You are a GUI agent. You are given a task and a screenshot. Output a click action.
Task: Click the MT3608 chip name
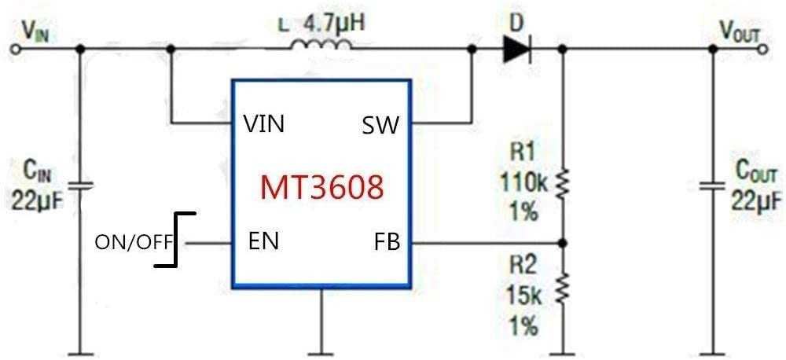click(x=322, y=186)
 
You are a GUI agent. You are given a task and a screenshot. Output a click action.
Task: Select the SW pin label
click(x=380, y=124)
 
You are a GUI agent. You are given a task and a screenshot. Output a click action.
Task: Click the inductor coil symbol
click(x=321, y=46)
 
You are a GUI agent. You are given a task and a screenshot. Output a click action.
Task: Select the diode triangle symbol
click(x=516, y=50)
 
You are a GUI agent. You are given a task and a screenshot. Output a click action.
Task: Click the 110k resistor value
click(x=521, y=182)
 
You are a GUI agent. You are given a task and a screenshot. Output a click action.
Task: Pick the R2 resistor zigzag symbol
click(x=562, y=288)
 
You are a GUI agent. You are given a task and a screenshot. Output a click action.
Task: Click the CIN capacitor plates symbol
click(x=80, y=186)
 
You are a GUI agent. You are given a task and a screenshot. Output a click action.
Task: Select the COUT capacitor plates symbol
click(x=713, y=186)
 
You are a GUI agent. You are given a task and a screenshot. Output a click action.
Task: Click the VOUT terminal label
click(x=740, y=29)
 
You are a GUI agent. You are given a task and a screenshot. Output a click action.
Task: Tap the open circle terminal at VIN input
click(x=14, y=50)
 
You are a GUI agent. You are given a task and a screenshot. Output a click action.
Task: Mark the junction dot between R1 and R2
click(x=562, y=242)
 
